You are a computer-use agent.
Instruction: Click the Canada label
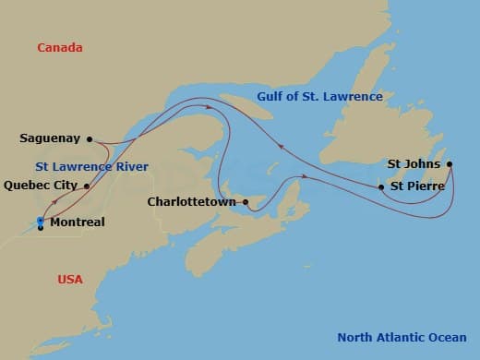[x=60, y=47]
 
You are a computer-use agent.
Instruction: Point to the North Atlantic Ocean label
[x=402, y=337]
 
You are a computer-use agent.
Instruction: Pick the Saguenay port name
[x=50, y=139]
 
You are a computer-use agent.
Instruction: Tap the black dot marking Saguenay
[x=90, y=139]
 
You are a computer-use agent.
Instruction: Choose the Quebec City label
[x=41, y=185]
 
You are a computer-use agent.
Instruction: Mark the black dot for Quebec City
[x=87, y=186]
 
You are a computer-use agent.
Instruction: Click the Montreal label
[x=77, y=222]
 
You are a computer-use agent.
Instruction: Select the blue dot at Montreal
[x=41, y=220]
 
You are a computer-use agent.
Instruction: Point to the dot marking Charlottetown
[x=245, y=201]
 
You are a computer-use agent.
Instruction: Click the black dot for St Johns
[x=450, y=165]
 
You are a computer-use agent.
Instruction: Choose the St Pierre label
[x=417, y=186]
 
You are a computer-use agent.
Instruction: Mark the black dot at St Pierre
[x=381, y=187]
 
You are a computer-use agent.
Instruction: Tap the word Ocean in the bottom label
[x=445, y=337]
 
